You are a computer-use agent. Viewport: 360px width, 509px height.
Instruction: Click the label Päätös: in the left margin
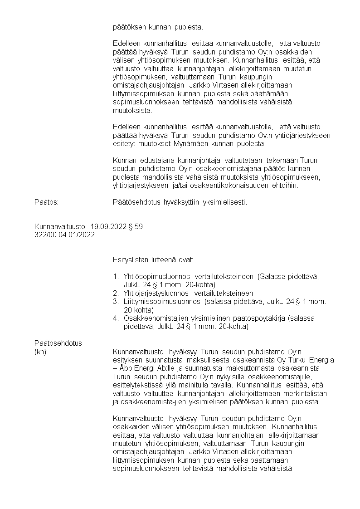coord(46,202)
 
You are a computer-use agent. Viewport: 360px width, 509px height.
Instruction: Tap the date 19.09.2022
coord(107,227)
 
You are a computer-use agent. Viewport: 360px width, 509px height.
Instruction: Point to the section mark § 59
coord(136,227)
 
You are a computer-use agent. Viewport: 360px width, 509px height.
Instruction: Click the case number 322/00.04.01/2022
coord(64,235)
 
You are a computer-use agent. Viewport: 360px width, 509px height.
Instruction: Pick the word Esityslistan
coord(130,260)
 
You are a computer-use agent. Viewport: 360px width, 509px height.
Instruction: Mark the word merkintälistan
coord(305,393)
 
